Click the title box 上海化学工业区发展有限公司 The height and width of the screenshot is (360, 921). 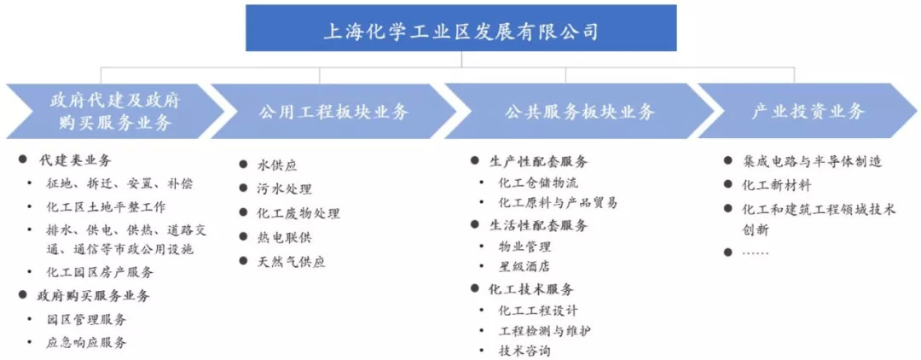coord(460,32)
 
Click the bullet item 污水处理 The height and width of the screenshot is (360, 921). coord(285,189)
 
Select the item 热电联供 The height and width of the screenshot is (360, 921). coord(285,237)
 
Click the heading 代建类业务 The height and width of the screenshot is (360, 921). coord(75,160)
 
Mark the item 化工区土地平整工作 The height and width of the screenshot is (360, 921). coord(107,206)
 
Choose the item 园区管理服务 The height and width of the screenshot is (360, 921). coord(87,320)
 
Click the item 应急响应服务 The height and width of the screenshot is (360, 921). coord(87,343)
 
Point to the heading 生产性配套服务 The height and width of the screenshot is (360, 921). coord(539,161)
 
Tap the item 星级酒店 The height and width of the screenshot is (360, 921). coord(524,267)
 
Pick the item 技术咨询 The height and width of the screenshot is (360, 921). coord(524,351)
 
